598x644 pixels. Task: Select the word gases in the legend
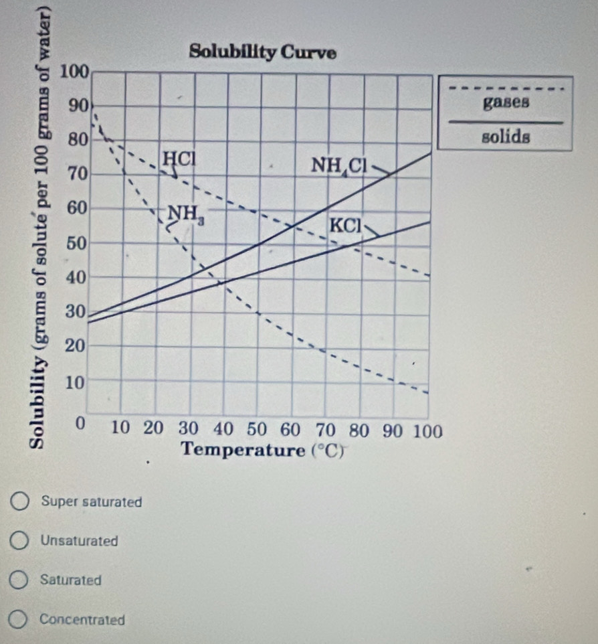point(506,102)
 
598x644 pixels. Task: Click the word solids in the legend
point(506,137)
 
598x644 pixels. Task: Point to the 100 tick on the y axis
point(74,72)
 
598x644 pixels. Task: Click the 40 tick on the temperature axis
point(223,428)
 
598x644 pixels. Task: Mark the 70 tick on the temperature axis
point(325,428)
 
